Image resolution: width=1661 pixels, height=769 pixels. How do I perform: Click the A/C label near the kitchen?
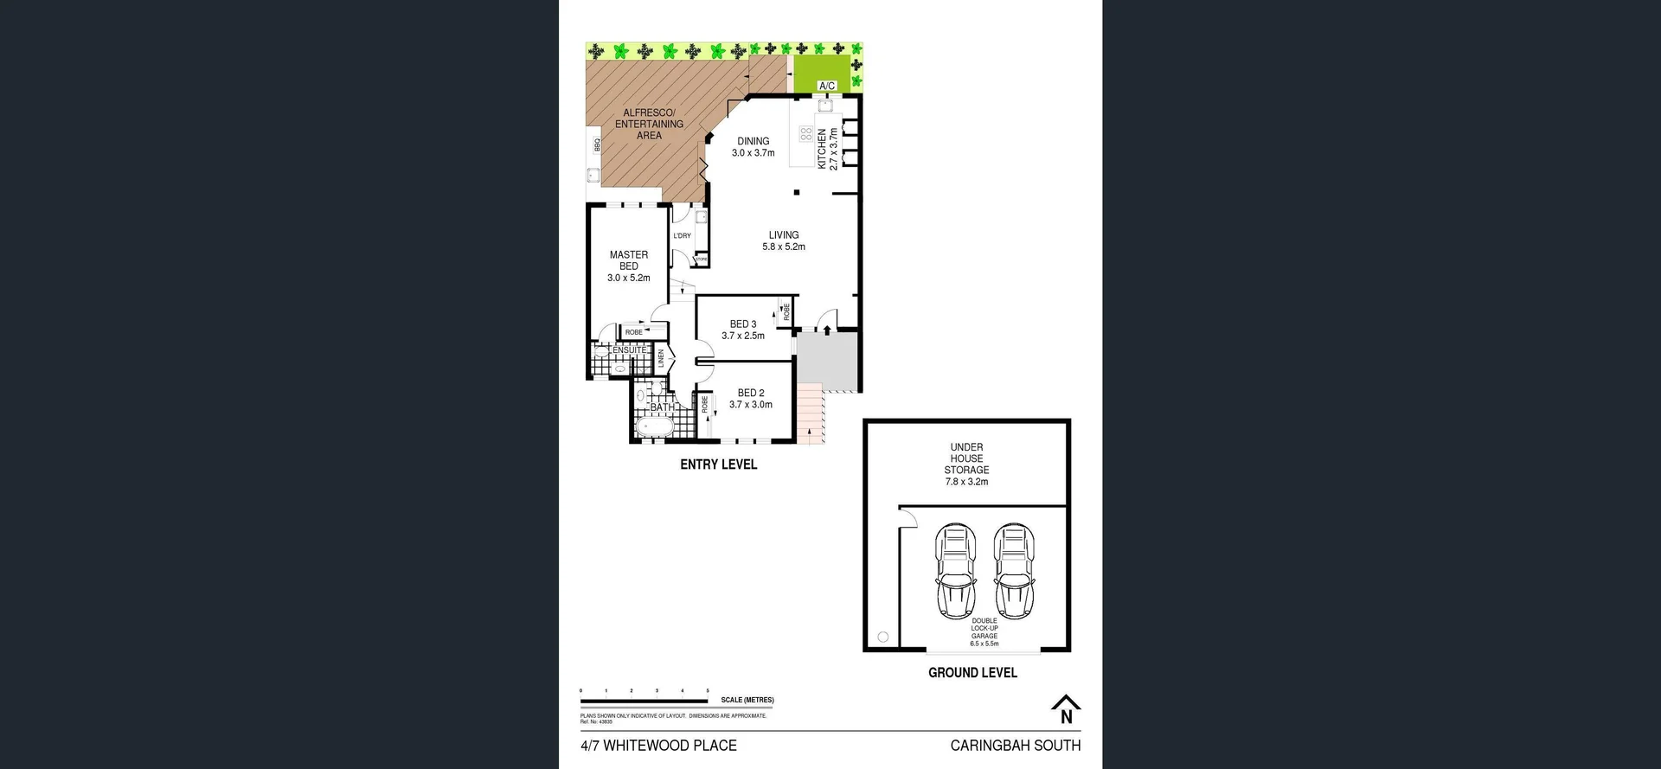(x=827, y=86)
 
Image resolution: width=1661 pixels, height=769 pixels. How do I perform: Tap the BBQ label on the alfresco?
(x=597, y=144)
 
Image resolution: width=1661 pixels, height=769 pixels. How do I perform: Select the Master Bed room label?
(x=629, y=266)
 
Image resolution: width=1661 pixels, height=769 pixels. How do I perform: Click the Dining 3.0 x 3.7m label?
(x=753, y=147)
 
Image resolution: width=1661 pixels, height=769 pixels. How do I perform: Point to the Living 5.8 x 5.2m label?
(x=784, y=240)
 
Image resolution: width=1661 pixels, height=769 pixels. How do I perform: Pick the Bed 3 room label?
(x=743, y=330)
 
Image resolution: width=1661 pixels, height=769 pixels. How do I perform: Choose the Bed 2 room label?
(x=750, y=399)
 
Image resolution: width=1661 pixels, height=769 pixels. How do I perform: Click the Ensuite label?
(x=629, y=349)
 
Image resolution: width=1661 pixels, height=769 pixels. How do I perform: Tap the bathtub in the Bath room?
(x=654, y=427)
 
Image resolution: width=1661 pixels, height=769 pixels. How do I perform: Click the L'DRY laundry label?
(x=683, y=235)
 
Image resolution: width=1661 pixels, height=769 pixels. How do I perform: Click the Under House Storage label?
(x=966, y=465)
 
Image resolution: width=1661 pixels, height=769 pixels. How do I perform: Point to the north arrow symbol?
(x=1066, y=709)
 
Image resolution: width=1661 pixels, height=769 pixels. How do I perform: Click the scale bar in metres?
(x=645, y=700)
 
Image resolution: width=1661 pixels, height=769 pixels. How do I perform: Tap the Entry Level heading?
(x=718, y=465)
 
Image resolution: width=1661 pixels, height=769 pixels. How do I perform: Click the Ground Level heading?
(x=972, y=672)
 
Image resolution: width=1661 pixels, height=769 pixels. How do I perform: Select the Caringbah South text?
(x=1015, y=745)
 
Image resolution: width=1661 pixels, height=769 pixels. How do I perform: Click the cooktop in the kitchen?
(x=805, y=134)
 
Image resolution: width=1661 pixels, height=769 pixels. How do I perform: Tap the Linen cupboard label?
(x=661, y=358)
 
